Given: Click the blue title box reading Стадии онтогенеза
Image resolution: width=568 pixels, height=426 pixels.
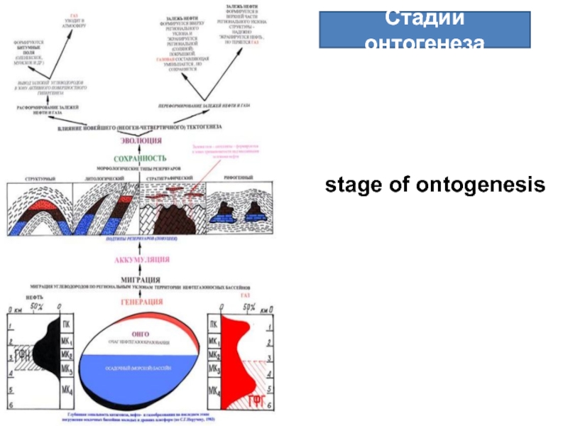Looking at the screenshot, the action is point(424,30).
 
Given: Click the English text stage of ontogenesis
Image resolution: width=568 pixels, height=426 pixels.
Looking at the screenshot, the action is point(435,185).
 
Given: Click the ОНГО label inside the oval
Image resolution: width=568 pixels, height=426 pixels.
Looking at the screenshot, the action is point(141,333).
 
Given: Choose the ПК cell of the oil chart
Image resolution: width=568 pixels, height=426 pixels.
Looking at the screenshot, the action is point(67,326).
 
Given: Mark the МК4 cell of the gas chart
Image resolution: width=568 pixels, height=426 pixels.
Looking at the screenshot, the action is point(214,391).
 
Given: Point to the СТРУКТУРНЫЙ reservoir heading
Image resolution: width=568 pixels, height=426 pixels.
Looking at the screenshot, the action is point(40,178).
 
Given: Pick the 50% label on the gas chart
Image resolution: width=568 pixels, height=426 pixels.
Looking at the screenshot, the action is point(249,307).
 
